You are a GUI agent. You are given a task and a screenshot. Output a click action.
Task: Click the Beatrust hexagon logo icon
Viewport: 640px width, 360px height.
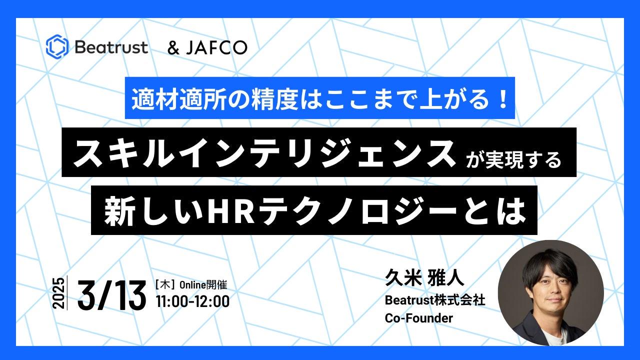[57, 47]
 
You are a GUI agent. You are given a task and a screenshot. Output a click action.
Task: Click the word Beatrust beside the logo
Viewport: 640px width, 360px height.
[111, 47]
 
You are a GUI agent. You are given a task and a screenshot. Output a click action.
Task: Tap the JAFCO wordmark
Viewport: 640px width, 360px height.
[216, 47]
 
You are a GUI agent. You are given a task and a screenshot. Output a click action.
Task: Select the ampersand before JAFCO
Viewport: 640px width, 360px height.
[173, 47]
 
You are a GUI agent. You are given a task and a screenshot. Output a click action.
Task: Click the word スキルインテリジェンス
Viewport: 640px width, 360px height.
[264, 153]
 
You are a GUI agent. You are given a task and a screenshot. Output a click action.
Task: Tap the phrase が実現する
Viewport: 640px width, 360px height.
[513, 159]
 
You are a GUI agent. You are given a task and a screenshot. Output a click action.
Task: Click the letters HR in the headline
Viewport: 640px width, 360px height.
[231, 211]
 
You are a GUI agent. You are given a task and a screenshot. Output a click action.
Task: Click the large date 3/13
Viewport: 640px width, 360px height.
[111, 295]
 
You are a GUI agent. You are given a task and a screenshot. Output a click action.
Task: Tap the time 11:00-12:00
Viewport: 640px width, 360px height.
[193, 301]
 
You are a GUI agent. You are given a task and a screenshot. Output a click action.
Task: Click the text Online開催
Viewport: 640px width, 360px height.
[203, 285]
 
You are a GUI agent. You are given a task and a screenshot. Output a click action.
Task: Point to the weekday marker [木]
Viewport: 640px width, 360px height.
[165, 285]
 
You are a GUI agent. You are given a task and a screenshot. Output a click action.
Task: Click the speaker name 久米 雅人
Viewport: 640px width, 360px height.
[424, 277]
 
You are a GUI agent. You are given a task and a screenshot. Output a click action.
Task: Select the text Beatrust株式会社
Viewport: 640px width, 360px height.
[435, 300]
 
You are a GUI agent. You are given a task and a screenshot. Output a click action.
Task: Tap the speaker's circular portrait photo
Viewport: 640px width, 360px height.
[551, 293]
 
